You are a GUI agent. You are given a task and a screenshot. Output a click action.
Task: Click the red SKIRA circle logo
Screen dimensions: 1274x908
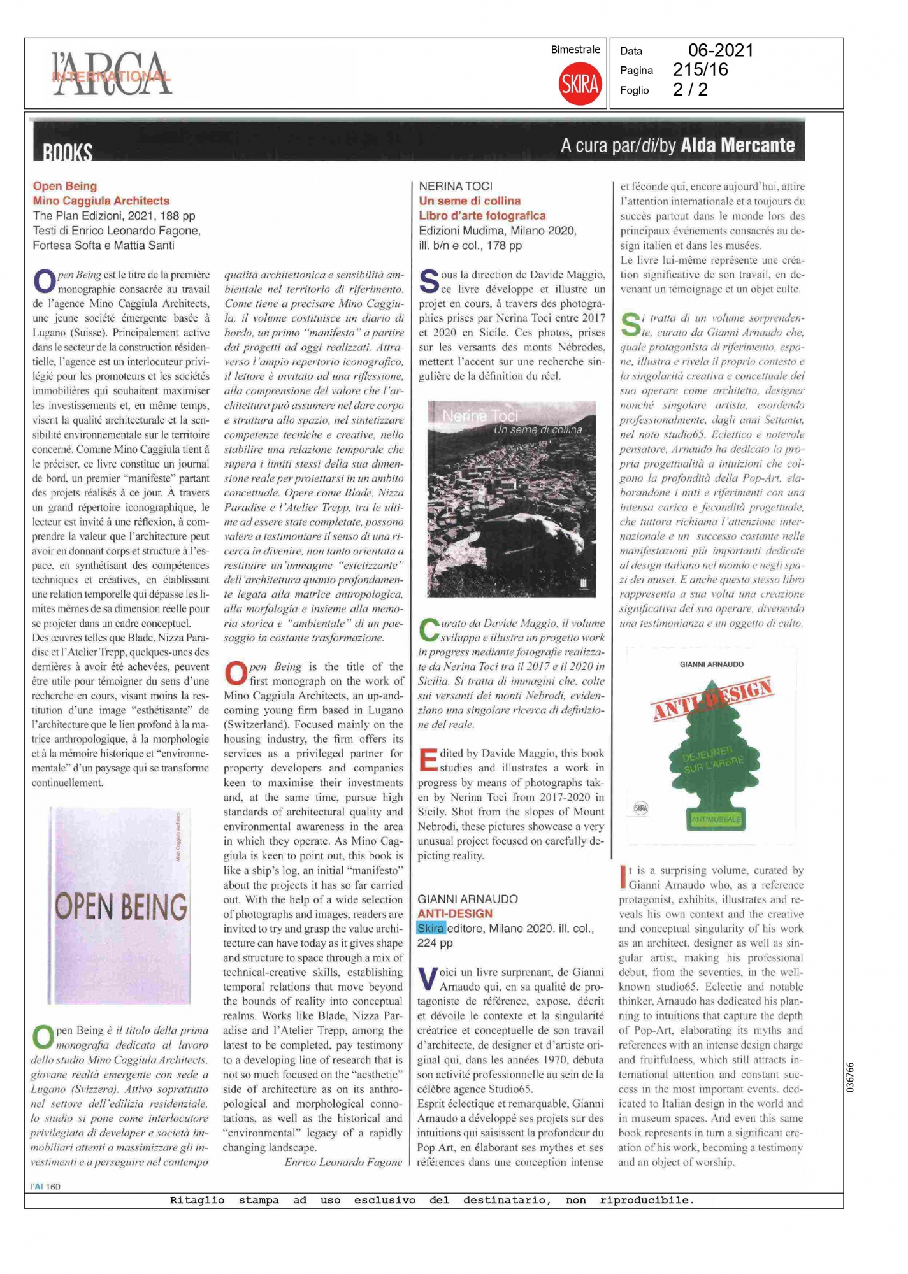point(580,83)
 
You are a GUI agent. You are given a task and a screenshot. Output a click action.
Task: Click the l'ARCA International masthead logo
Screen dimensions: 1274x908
point(112,75)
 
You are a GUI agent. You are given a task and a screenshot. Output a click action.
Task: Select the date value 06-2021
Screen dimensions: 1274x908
point(721,50)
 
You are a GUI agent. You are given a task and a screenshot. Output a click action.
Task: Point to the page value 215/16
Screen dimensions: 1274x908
point(700,69)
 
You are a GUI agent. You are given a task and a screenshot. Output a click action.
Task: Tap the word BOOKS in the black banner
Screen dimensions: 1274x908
point(68,152)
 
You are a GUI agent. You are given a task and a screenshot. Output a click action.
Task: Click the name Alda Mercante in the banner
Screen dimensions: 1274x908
point(738,146)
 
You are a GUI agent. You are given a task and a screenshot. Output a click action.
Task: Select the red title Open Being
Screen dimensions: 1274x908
point(65,186)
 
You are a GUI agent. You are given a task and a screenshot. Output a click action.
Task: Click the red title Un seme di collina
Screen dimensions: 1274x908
point(470,201)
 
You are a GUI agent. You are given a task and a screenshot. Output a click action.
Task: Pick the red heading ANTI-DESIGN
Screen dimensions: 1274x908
point(455,913)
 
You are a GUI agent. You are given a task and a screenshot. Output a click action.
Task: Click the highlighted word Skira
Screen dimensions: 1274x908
point(431,928)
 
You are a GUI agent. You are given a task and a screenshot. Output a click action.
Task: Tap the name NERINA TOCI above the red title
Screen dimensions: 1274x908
point(456,186)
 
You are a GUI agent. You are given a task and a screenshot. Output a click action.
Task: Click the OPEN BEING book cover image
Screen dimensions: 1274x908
point(120,905)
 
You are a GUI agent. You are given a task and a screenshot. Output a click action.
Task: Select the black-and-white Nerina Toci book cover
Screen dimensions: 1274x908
point(511,499)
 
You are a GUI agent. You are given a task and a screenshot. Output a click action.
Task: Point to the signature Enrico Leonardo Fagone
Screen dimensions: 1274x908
point(343,1162)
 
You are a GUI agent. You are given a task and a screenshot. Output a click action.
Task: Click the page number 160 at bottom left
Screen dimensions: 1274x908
point(53,1186)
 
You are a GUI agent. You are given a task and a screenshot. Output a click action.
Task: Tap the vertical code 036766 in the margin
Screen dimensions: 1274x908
point(850,1077)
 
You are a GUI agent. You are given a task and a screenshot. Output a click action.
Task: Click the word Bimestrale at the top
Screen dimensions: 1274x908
point(575,50)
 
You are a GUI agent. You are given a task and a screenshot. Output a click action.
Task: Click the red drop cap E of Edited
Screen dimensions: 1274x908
point(428,761)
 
